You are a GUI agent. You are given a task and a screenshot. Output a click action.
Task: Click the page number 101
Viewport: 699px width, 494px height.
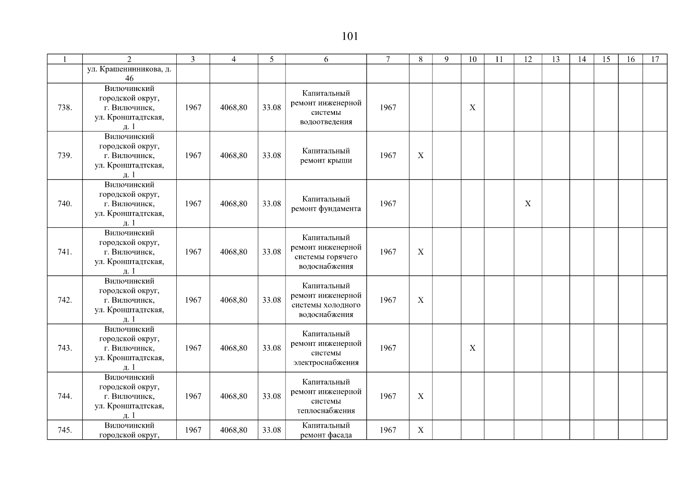(350, 37)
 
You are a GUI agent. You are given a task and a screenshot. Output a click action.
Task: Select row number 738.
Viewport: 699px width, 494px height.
(65, 107)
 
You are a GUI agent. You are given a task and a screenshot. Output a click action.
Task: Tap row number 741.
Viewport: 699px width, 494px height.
(65, 252)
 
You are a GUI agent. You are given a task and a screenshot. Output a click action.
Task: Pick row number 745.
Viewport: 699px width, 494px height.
(65, 430)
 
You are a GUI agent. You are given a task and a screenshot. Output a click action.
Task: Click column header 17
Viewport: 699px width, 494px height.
(655, 59)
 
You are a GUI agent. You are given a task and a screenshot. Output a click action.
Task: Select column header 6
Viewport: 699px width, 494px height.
(326, 59)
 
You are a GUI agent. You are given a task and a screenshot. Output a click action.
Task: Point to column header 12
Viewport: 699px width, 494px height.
(528, 59)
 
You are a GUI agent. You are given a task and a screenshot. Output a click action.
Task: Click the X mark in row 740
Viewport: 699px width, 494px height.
(528, 204)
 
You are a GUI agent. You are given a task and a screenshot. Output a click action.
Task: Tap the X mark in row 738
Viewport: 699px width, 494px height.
(472, 107)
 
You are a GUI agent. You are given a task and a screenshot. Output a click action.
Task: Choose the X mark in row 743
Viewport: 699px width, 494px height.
(472, 348)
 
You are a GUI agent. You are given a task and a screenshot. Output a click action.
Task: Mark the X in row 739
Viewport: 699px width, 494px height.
(421, 156)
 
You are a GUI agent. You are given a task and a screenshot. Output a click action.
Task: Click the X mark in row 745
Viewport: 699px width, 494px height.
(421, 430)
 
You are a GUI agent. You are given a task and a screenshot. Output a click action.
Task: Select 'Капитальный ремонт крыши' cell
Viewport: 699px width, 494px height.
(326, 156)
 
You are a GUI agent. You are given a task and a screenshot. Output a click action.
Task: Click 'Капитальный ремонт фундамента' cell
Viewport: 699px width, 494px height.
(326, 204)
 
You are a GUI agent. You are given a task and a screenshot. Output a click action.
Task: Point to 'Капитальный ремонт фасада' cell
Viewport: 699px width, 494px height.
(326, 430)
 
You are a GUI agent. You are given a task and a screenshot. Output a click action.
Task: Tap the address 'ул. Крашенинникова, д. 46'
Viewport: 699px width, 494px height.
(129, 74)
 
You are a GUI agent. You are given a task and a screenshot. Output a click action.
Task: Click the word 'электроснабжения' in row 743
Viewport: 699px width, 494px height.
(326, 363)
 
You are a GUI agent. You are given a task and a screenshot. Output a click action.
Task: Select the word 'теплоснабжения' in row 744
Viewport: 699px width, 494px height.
(326, 411)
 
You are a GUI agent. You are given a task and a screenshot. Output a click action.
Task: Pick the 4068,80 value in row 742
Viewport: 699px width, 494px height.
(234, 300)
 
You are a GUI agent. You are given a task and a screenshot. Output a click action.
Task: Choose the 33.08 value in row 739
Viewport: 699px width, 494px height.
(271, 156)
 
